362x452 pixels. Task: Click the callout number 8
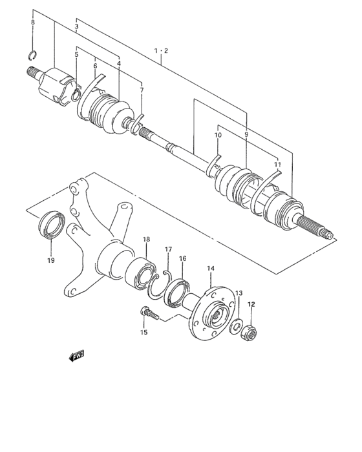click(x=33, y=23)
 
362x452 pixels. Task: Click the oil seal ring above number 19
click(x=52, y=225)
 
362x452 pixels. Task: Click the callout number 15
click(x=144, y=332)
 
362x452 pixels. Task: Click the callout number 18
click(x=146, y=240)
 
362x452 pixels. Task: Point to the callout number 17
click(x=168, y=249)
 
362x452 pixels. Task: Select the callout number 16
click(x=183, y=258)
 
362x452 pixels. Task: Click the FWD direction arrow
click(x=76, y=355)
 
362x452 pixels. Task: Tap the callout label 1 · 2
click(x=160, y=50)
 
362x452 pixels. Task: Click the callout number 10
click(x=218, y=135)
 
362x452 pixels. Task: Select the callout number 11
click(x=277, y=165)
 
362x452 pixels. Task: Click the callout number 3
click(x=76, y=28)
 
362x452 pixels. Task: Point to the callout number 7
click(x=142, y=90)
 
